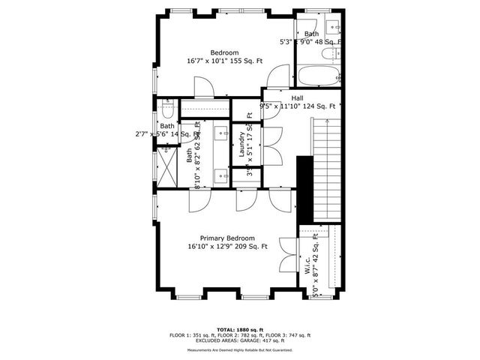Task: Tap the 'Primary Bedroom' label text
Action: click(x=227, y=238)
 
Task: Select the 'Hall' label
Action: click(x=297, y=97)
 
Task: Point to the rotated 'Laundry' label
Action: click(x=243, y=143)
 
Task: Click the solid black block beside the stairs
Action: click(x=305, y=184)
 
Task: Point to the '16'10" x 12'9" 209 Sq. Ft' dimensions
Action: click(x=227, y=247)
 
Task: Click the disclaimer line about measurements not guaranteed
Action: click(x=238, y=350)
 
